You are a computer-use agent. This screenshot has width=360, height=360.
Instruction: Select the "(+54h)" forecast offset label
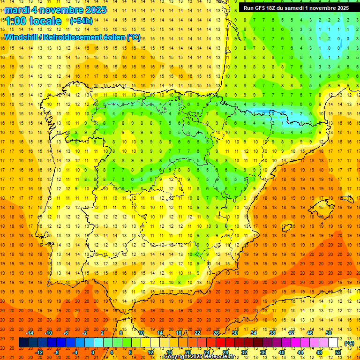[81, 21]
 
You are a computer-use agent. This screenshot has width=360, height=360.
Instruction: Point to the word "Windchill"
[21, 37]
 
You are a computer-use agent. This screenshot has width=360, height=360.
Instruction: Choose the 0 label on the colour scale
[93, 352]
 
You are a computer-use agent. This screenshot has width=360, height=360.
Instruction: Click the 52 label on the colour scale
[338, 352]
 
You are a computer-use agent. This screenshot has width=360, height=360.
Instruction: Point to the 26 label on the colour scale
[216, 333]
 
